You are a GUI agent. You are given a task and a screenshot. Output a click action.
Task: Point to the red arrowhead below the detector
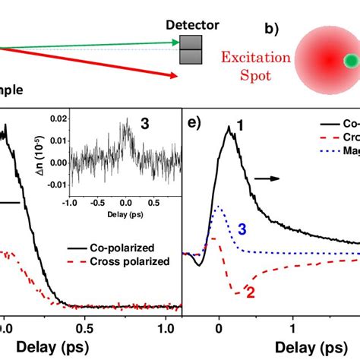point(174,74)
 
